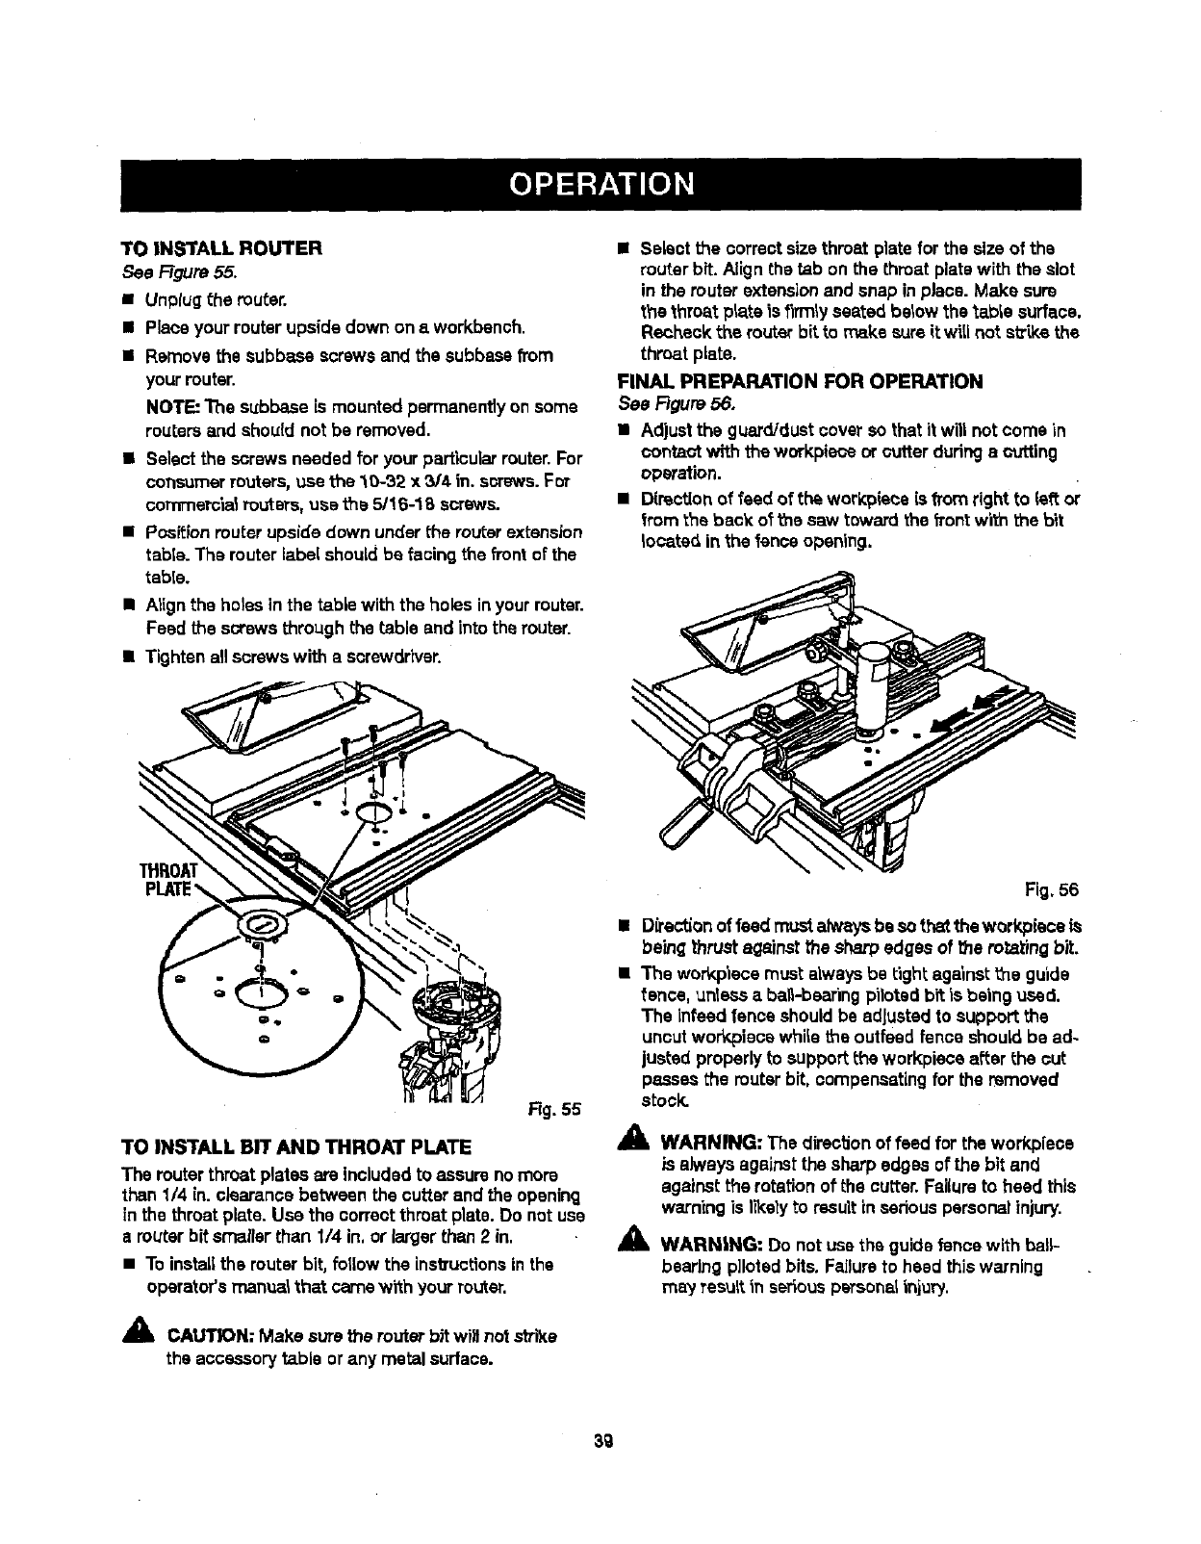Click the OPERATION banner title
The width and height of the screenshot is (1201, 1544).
click(x=600, y=182)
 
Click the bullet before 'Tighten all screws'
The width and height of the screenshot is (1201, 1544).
click(x=126, y=658)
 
